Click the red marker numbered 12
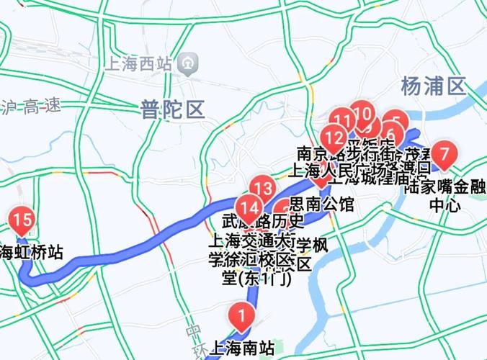[x=334, y=136]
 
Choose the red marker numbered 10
[x=362, y=114]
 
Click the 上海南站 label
[x=243, y=348]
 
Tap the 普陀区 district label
[x=173, y=109]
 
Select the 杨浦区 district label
[x=433, y=86]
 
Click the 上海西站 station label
[x=140, y=63]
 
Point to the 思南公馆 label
[x=321, y=204]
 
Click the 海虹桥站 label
[x=31, y=252]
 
